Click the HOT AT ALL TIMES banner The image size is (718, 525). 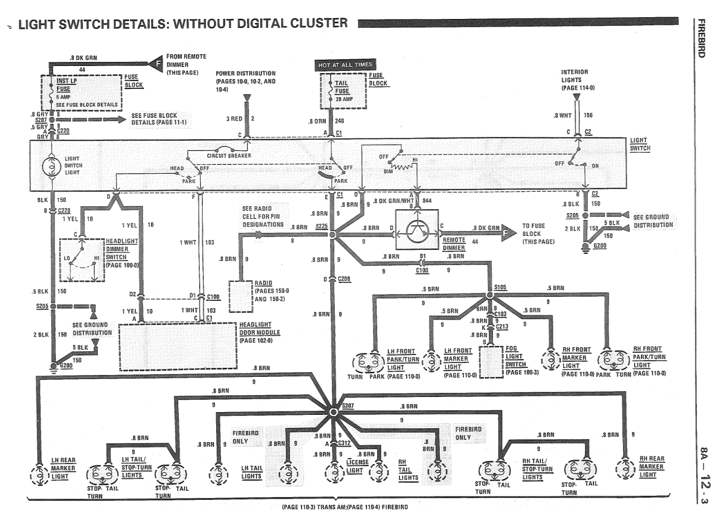tap(344, 65)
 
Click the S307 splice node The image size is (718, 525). tap(334, 412)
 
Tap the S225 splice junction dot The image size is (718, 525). tap(333, 235)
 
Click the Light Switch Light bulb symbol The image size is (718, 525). tap(51, 165)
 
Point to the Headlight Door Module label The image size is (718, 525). tap(260, 332)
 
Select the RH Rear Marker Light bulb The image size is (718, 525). tap(626, 466)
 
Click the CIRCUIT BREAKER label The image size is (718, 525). tap(229, 155)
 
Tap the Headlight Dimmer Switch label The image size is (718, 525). tap(122, 249)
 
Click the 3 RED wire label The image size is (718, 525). tap(234, 119)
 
